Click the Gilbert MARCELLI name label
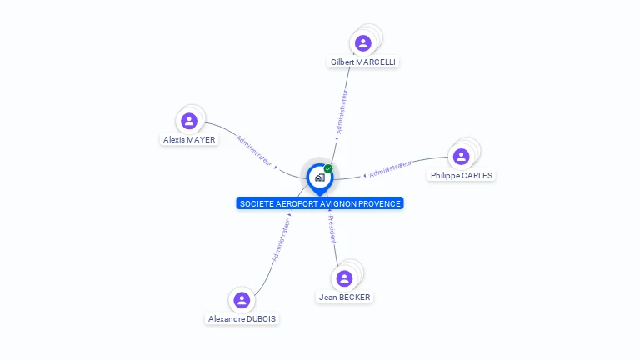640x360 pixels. [363, 62]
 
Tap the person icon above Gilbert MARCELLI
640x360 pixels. [362, 43]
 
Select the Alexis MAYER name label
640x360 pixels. [189, 140]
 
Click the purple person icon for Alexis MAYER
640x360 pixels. [189, 121]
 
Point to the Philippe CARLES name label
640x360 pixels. [462, 176]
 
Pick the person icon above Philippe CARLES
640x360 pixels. [461, 157]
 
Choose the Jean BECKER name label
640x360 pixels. [345, 297]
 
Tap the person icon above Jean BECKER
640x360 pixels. [344, 277]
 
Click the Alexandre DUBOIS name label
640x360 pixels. [242, 319]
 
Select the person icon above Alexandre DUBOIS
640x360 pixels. [242, 300]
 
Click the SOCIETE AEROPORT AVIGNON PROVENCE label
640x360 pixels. [320, 203]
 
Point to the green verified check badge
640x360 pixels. [328, 168]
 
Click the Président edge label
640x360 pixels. [332, 229]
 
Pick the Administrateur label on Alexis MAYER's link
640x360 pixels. [254, 149]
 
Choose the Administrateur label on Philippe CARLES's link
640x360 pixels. [391, 168]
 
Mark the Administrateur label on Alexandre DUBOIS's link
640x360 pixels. [281, 239]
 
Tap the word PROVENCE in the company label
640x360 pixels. [380, 203]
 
